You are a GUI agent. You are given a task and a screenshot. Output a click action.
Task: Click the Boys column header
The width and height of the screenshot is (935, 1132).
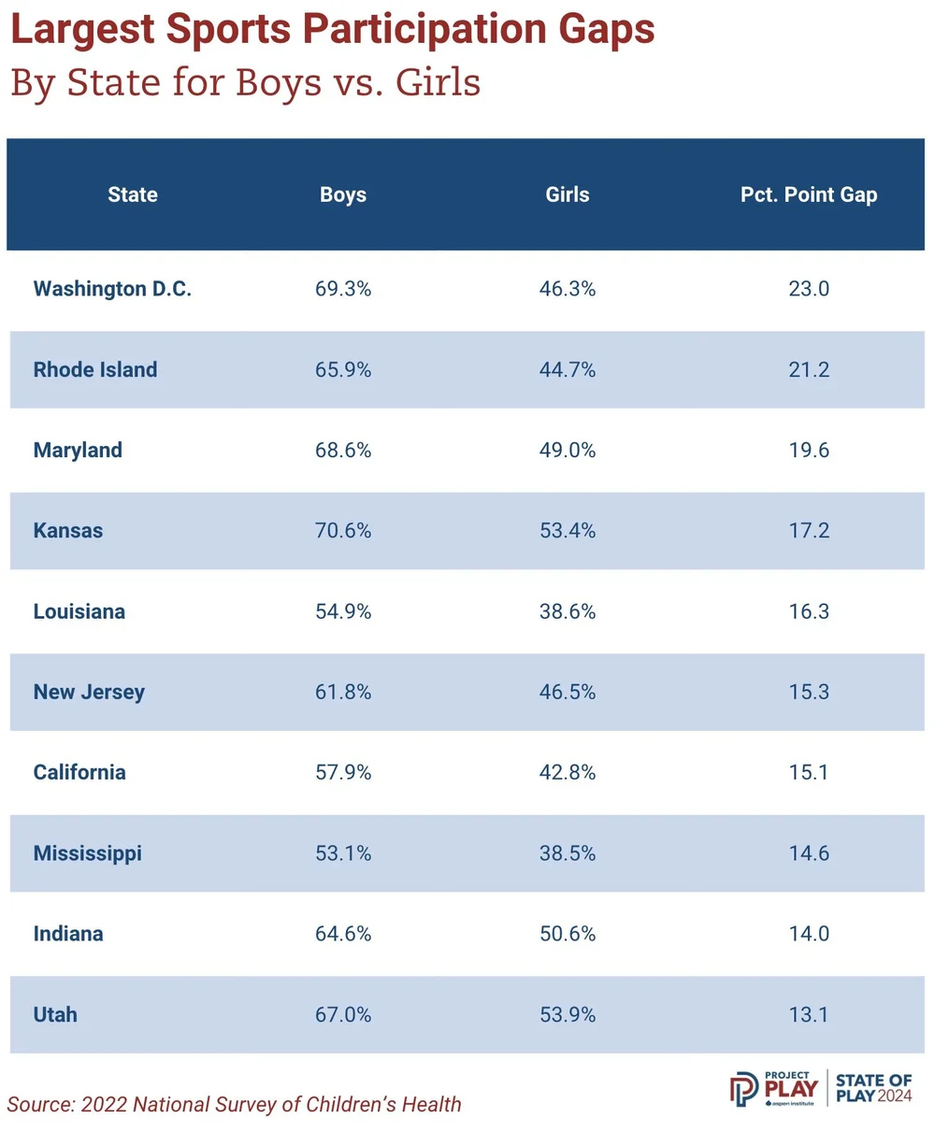pos(343,195)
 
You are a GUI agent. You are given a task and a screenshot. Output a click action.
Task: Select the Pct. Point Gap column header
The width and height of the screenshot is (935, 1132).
pos(809,195)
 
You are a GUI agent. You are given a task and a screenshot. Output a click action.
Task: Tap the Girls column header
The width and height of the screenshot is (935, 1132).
pos(568,195)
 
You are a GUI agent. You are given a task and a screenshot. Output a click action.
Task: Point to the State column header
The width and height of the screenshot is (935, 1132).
pos(133,195)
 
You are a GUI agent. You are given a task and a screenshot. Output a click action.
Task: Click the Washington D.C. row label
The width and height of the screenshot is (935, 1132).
pos(112,289)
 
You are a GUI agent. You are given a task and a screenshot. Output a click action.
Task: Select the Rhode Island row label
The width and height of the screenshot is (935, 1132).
pos(95,369)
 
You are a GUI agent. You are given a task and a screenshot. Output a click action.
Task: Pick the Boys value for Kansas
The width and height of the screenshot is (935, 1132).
pos(343,531)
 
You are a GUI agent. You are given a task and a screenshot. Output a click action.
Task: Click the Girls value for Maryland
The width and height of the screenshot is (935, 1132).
pos(568,451)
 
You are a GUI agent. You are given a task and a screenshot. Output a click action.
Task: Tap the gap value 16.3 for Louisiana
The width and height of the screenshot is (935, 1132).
pos(809,611)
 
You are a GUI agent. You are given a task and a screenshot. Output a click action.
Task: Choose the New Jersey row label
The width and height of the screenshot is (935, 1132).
pos(89,693)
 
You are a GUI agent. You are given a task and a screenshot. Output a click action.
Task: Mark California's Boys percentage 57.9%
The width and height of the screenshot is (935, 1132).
pos(343,773)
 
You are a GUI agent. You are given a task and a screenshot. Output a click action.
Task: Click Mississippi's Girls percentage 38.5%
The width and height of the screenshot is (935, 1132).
pos(568,853)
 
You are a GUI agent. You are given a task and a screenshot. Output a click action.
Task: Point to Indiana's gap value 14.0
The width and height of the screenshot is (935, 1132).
pos(809,934)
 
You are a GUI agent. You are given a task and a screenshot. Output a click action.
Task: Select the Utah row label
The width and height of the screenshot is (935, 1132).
pos(55,1014)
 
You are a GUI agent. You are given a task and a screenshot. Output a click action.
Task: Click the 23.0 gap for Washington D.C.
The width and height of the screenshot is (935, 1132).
pos(809,289)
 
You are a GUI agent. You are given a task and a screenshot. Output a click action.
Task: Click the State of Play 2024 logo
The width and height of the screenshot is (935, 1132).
pos(873,1088)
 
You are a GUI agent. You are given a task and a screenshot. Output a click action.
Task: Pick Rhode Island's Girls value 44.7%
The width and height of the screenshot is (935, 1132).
pos(568,369)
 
